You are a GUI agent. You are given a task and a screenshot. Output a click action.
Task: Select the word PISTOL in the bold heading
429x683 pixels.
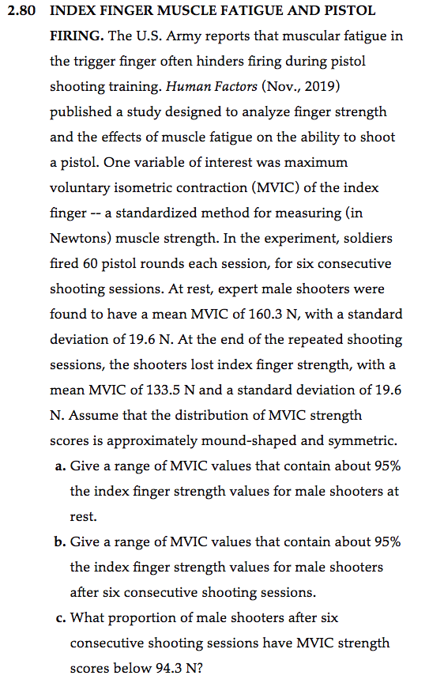(x=351, y=12)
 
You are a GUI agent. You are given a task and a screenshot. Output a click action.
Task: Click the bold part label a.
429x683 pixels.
(x=60, y=466)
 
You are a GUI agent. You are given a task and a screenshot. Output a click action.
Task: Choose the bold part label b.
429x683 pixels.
(x=60, y=542)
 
